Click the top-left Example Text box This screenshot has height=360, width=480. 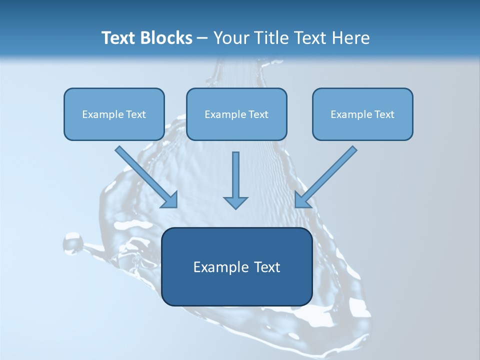tap(114, 114)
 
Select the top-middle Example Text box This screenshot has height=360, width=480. tap(236, 114)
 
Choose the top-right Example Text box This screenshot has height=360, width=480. tap(362, 114)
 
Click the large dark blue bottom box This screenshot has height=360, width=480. tap(237, 266)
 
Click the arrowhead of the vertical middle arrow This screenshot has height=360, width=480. tap(235, 202)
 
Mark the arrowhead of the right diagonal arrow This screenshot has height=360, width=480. tap(302, 200)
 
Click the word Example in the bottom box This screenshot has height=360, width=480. tap(213, 267)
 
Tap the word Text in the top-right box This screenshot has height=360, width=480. tap(384, 114)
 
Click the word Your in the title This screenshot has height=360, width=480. tap(231, 38)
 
